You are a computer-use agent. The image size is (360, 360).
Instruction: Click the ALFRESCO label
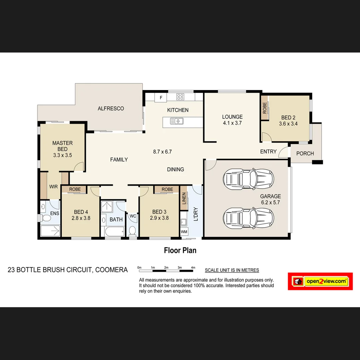[111, 109]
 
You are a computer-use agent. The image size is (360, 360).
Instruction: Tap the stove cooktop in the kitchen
[180, 97]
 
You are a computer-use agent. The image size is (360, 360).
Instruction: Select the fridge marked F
[161, 98]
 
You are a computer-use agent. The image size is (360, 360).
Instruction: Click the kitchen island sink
[176, 121]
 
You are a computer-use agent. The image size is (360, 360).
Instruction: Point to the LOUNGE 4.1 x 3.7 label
[232, 120]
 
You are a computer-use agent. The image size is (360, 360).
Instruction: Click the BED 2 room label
[288, 120]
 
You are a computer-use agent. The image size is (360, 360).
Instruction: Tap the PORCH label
[305, 154]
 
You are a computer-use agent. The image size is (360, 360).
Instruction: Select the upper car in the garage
[248, 179]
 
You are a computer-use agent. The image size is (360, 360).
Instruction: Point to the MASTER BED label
[62, 146]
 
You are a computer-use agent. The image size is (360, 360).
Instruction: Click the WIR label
[54, 187]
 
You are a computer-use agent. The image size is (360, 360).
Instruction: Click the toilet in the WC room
[133, 231]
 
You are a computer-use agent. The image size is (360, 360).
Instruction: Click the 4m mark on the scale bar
[193, 268]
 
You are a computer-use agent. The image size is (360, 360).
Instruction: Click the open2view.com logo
[320, 281]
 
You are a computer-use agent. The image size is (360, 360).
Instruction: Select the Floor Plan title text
[180, 250]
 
